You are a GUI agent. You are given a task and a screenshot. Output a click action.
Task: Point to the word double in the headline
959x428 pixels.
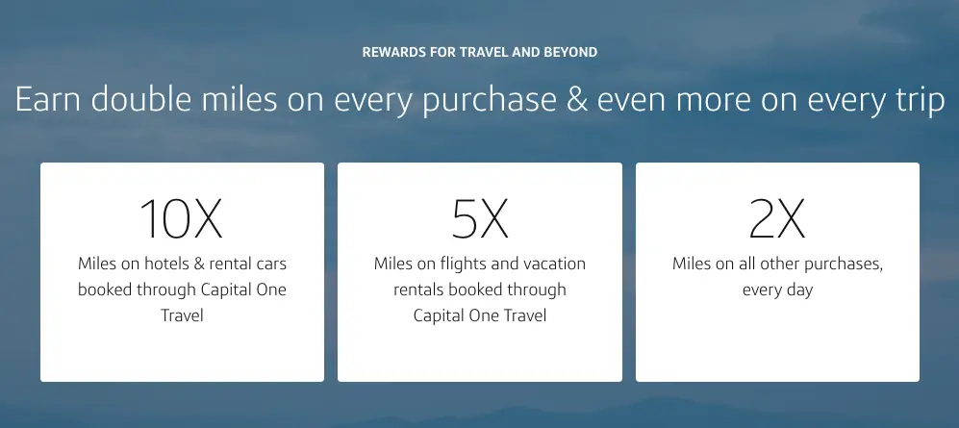tap(139, 100)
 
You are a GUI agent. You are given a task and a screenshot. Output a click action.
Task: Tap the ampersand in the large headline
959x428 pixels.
tap(577, 100)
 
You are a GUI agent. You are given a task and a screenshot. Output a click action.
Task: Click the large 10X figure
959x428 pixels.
tap(181, 218)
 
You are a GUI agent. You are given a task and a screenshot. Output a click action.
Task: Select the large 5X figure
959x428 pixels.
tap(480, 218)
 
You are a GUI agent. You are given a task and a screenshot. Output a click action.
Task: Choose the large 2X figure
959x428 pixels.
tap(777, 218)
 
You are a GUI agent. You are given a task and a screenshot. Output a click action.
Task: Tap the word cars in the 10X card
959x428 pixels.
tap(271, 264)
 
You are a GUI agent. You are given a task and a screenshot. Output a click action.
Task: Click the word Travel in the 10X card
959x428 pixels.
tap(182, 315)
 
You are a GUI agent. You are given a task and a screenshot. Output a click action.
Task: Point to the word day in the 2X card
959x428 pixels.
tap(799, 290)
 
